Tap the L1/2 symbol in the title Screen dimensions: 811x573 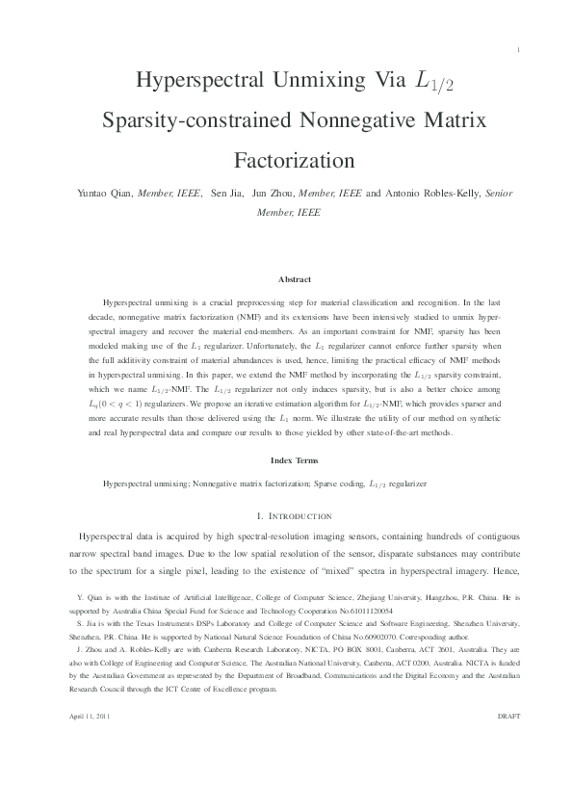(x=433, y=84)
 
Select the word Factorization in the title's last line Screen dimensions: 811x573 (x=286, y=157)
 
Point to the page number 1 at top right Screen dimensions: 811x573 (x=518, y=49)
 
